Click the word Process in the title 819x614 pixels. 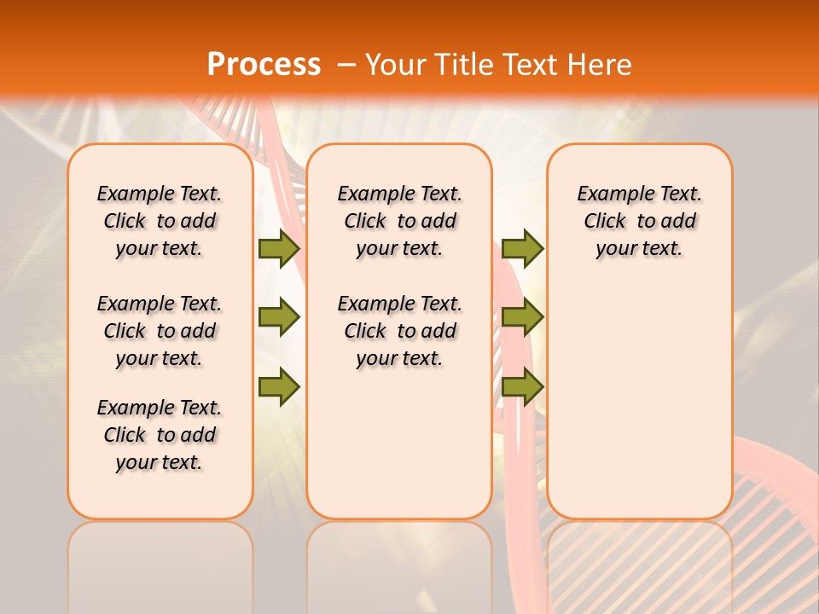tap(264, 64)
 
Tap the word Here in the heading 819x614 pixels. tap(601, 64)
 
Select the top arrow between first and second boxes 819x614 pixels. tap(279, 248)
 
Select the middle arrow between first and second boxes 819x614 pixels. tap(279, 317)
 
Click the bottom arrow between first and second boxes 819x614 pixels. tap(279, 387)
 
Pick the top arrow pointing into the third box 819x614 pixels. tap(522, 248)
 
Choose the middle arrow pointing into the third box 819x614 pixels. tap(522, 317)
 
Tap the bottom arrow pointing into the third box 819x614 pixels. tap(522, 387)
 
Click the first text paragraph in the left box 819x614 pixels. tap(160, 221)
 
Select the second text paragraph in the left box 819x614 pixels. tap(160, 331)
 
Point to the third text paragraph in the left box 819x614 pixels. tap(160, 435)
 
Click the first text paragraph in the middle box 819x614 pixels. tap(399, 221)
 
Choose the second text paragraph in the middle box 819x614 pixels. tap(399, 331)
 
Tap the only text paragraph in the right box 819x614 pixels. tap(639, 221)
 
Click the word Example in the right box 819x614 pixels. tap(607, 194)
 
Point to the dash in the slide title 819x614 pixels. tap(346, 65)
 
